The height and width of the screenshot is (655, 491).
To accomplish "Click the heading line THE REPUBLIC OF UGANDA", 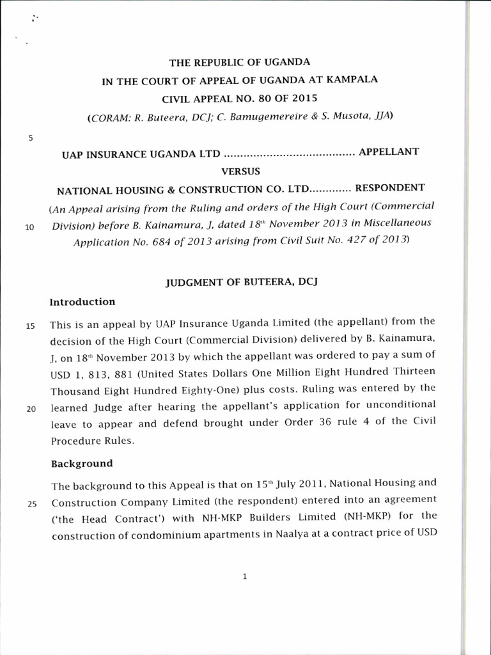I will (239, 63).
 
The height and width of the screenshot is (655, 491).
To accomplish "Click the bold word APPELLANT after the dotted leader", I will (388, 152).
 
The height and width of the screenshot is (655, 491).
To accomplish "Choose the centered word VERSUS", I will (239, 171).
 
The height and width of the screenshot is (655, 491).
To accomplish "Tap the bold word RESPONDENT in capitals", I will (389, 188).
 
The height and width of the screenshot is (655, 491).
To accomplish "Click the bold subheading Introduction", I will (82, 302).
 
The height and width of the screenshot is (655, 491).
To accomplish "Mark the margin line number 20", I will (30, 410).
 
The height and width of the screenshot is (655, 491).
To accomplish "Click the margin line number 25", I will (30, 502).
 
